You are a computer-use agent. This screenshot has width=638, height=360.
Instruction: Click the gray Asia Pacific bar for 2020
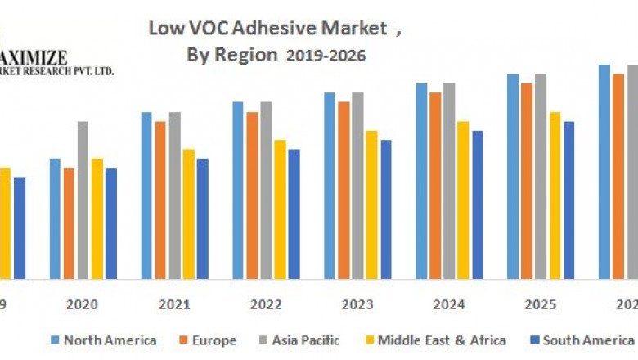coord(83,200)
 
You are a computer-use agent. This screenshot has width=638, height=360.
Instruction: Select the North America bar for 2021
coord(146,196)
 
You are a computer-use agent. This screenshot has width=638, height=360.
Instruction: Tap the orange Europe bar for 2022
coord(252,196)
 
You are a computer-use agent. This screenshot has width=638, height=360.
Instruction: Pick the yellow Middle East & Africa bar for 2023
coord(371,205)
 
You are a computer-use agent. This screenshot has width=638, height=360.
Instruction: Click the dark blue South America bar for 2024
coord(477,205)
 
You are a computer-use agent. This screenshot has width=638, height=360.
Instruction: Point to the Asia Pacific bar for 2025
coord(541,177)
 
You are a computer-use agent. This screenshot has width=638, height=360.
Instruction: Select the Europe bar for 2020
coord(69,223)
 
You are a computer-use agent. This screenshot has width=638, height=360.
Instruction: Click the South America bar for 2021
coord(202,218)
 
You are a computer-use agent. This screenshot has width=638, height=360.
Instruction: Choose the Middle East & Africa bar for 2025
coord(555,196)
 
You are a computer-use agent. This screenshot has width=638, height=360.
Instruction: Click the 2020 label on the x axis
coord(83,304)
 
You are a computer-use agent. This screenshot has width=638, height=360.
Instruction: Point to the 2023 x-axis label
coord(357,304)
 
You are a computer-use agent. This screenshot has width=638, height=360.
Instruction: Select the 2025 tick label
coord(541,304)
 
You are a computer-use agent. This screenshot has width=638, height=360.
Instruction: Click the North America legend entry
coord(103,340)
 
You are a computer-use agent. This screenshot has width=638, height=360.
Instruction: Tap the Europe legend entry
coord(208,340)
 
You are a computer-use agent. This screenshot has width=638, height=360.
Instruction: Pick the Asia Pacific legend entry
coord(300,340)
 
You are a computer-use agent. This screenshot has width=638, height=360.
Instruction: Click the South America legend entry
coord(582,340)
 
